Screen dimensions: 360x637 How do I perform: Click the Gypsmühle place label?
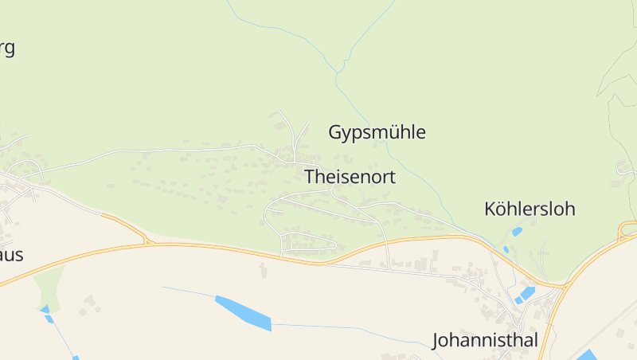[x=377, y=132]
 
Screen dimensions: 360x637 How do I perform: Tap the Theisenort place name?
[x=350, y=177]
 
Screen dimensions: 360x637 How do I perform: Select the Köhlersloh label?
[x=530, y=209]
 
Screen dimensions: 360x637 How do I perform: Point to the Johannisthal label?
[x=485, y=340]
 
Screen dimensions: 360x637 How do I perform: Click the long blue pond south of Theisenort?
[x=243, y=313]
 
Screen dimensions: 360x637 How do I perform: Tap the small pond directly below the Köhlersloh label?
[x=517, y=232]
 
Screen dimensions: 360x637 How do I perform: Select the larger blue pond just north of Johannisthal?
[x=524, y=295]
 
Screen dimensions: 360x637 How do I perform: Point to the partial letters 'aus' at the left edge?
[x=11, y=256]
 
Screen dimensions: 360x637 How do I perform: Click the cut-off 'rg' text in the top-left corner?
[x=6, y=48]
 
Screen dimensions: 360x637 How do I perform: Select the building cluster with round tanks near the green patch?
[x=89, y=303]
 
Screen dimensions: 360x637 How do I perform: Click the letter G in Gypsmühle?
[x=335, y=132]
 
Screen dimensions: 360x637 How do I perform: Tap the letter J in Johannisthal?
[x=436, y=341]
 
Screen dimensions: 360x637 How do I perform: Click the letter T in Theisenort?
[x=310, y=177]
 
